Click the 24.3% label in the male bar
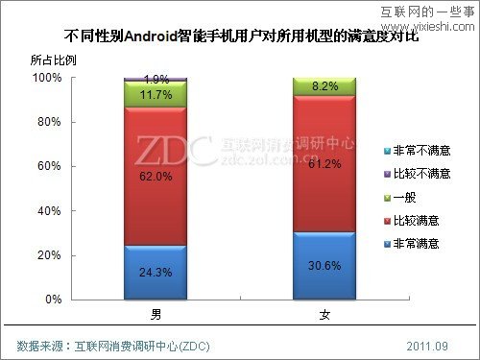click(x=156, y=273)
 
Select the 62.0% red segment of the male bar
click(x=156, y=177)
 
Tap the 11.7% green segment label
click(x=156, y=94)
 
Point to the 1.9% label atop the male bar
click(x=156, y=79)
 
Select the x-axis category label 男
click(x=156, y=314)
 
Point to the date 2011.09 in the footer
click(x=426, y=345)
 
